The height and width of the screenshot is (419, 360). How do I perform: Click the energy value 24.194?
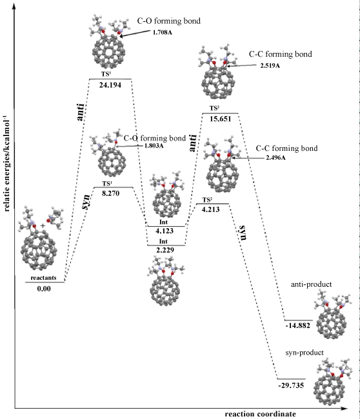pyautogui.click(x=110, y=85)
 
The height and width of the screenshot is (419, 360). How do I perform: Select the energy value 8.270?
pyautogui.click(x=110, y=193)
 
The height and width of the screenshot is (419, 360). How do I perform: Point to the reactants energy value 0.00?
pyautogui.click(x=44, y=289)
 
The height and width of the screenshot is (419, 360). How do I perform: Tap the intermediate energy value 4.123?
pyautogui.click(x=165, y=231)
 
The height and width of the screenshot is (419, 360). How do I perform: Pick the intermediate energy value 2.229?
pyautogui.click(x=165, y=250)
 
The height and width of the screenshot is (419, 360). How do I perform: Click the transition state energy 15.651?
pyautogui.click(x=220, y=119)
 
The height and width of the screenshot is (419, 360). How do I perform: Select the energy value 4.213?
pyautogui.click(x=211, y=209)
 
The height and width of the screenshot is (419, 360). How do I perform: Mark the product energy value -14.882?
pyautogui.click(x=297, y=326)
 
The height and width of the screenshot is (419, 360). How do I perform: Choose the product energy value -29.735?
pyautogui.click(x=291, y=385)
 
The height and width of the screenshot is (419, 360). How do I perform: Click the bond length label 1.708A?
pyautogui.click(x=163, y=33)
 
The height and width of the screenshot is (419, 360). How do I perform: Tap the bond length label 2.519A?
pyautogui.click(x=270, y=66)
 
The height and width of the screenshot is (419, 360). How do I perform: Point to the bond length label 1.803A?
pyautogui.click(x=154, y=146)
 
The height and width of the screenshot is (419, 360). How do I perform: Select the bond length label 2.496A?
pyautogui.click(x=275, y=158)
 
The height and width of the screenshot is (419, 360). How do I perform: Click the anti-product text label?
pyautogui.click(x=312, y=284)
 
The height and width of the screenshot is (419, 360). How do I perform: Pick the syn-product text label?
pyautogui.click(x=305, y=353)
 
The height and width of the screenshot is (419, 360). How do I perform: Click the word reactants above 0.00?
pyautogui.click(x=44, y=278)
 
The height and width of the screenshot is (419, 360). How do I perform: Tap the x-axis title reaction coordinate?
pyautogui.click(x=261, y=414)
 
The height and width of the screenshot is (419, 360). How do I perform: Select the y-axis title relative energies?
pyautogui.click(x=6, y=164)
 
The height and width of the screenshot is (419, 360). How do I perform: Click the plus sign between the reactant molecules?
pyautogui.click(x=43, y=226)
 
